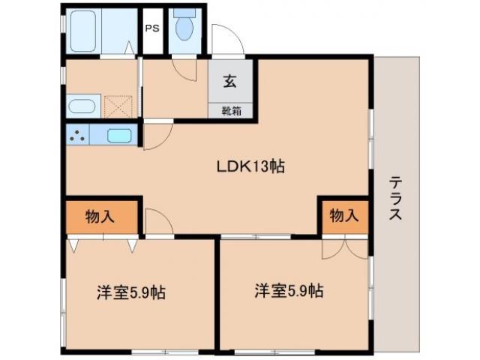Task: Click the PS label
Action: (152, 29)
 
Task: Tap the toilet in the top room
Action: (184, 27)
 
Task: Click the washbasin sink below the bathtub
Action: (82, 106)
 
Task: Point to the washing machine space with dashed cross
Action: (118, 106)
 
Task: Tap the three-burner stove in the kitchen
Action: (76, 136)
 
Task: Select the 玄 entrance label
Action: (229, 82)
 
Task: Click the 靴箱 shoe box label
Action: (229, 110)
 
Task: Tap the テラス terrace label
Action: (395, 198)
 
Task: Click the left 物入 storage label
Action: (100, 217)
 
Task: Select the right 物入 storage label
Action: (343, 216)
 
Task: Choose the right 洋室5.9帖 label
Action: (289, 290)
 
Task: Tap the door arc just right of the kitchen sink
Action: (156, 135)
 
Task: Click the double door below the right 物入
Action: (344, 247)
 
